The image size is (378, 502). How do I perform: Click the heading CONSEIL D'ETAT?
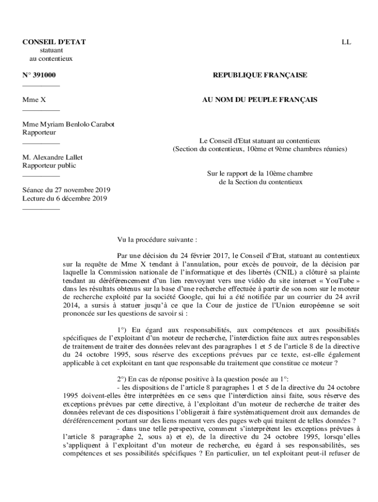[54, 42]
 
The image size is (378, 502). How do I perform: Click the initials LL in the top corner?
[346, 42]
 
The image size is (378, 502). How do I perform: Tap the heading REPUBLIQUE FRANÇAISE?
[260, 75]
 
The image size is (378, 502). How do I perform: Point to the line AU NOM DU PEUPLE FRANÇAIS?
[260, 100]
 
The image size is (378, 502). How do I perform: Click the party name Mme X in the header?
[34, 100]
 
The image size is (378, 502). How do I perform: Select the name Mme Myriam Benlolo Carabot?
[68, 125]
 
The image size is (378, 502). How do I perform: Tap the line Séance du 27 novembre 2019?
[66, 190]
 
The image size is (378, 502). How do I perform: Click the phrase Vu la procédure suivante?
[157, 240]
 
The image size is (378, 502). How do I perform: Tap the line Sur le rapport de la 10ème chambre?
[260, 174]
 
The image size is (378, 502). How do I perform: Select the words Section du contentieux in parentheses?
[208, 149]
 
